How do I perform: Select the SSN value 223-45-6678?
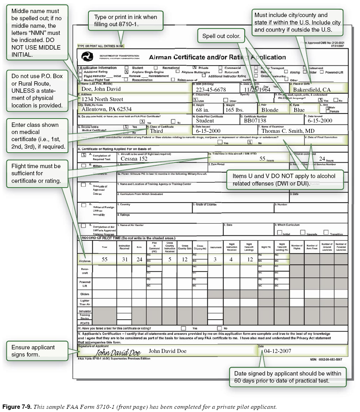tap(211, 90)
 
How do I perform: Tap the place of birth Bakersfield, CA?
tap(312, 89)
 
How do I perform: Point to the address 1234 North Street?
tap(102, 99)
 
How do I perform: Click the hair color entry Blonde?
tap(270, 110)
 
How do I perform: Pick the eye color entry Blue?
tap(299, 110)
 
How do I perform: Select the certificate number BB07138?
tap(255, 120)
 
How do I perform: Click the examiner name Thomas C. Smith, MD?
tap(288, 131)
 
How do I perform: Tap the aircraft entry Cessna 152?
tap(134, 158)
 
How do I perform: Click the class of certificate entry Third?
tap(156, 131)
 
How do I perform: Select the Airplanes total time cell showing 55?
tap(104, 259)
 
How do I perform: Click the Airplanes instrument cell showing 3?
tap(215, 259)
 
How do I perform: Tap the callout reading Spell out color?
tap(221, 36)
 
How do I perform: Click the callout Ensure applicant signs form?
tap(33, 351)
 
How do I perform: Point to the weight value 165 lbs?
tap(235, 110)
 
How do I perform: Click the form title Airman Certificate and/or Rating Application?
tap(217, 57)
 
